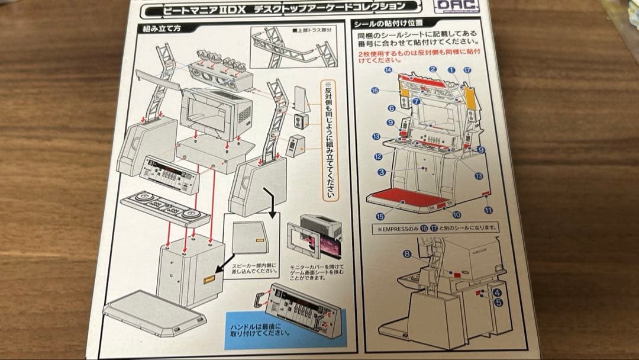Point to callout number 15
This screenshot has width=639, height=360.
click(x=380, y=216)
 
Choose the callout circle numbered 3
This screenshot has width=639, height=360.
click(x=382, y=172)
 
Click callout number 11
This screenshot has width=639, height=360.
click(x=488, y=210)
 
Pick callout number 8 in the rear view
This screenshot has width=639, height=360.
click(x=406, y=254)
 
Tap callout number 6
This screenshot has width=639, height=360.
click(x=392, y=108)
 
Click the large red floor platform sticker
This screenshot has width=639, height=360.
click(x=408, y=199)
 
